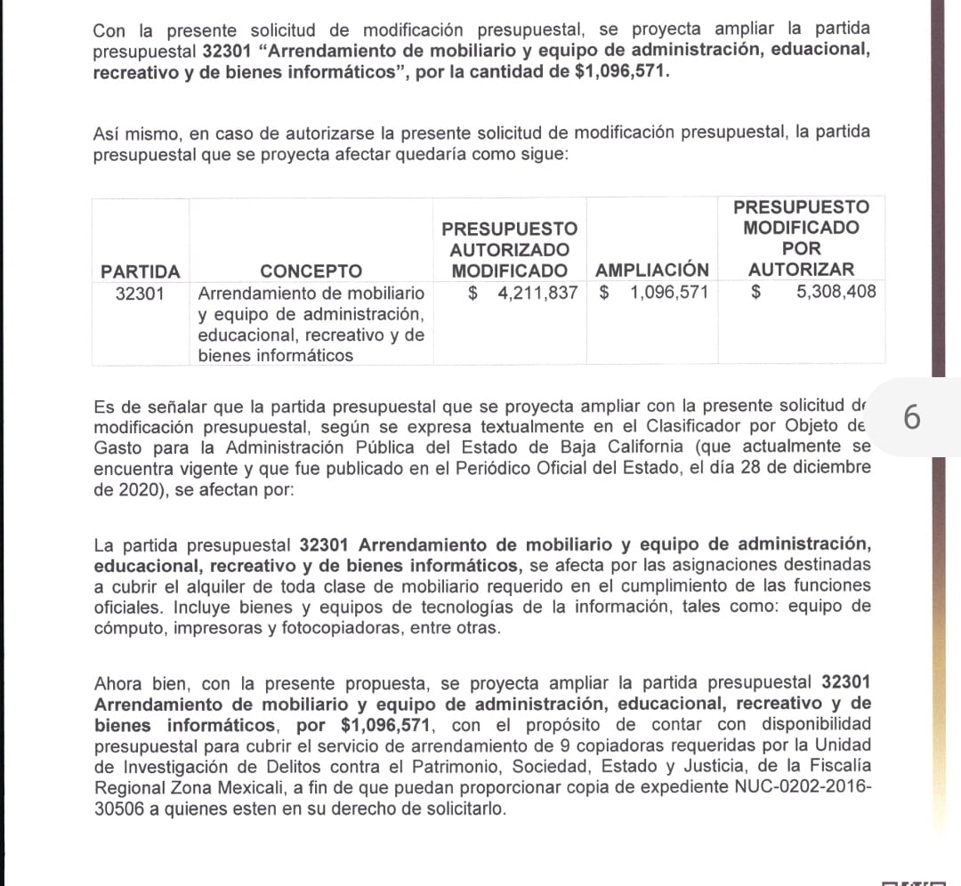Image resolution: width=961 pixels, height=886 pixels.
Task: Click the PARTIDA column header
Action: (x=141, y=270)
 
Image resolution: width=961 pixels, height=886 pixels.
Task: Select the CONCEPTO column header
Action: (x=311, y=270)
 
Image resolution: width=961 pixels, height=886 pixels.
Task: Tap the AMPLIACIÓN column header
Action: (x=652, y=270)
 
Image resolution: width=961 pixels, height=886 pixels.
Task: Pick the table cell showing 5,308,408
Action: (x=836, y=293)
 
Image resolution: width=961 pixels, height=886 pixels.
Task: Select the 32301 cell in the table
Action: (x=141, y=293)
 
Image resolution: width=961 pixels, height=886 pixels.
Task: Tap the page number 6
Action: (x=911, y=417)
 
